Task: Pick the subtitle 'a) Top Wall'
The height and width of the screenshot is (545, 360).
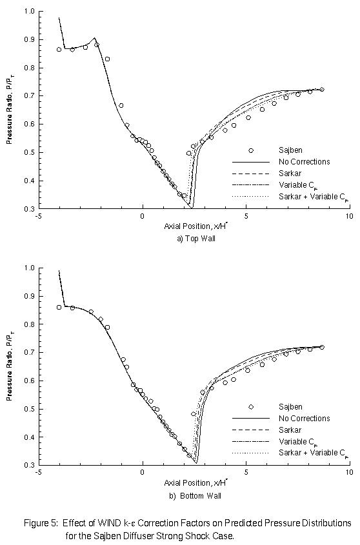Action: coord(194,238)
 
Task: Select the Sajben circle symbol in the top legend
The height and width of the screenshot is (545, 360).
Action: coord(251,150)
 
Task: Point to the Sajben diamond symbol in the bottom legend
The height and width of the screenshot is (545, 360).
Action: coord(251,406)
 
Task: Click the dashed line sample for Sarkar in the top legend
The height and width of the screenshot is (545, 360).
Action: coord(251,173)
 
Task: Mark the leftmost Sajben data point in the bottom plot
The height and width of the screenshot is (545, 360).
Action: coord(59,307)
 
